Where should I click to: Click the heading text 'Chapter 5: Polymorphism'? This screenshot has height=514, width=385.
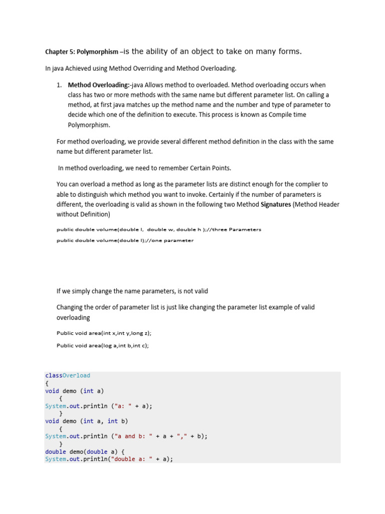pyautogui.click(x=82, y=52)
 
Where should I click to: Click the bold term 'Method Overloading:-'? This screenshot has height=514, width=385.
pyautogui.click(x=99, y=85)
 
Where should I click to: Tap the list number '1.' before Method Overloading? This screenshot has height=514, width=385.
pyautogui.click(x=59, y=85)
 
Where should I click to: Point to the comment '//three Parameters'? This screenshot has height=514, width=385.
pyautogui.click(x=238, y=229)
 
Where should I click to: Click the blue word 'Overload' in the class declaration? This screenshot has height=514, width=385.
pyautogui.click(x=77, y=375)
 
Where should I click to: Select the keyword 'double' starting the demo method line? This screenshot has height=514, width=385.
pyautogui.click(x=55, y=451)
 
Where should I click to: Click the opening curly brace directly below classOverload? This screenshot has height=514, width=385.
pyautogui.click(x=47, y=383)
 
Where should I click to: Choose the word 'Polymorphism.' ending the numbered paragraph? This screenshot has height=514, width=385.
pyautogui.click(x=89, y=124)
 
